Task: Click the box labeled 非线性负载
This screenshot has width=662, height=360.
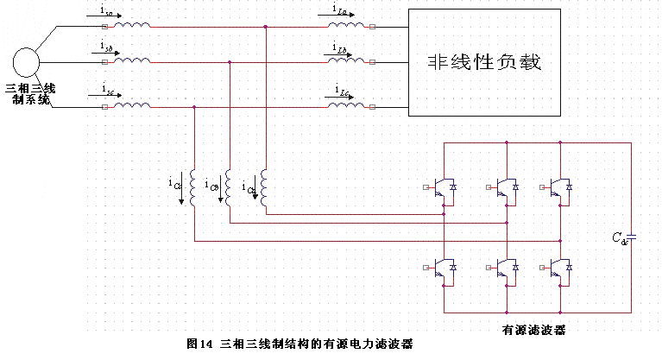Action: (489, 63)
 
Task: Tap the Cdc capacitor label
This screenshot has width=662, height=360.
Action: (618, 238)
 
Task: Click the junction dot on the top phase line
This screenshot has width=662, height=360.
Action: (266, 27)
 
